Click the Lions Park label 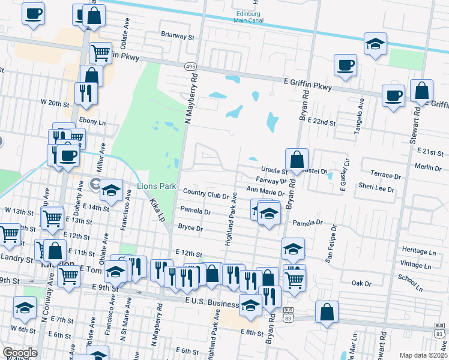(x=157, y=186)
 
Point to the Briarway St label (x=178, y=37)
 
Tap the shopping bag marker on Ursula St (x=297, y=160)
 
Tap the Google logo (x=20, y=353)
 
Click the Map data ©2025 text (x=423, y=355)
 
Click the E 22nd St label (x=321, y=121)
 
